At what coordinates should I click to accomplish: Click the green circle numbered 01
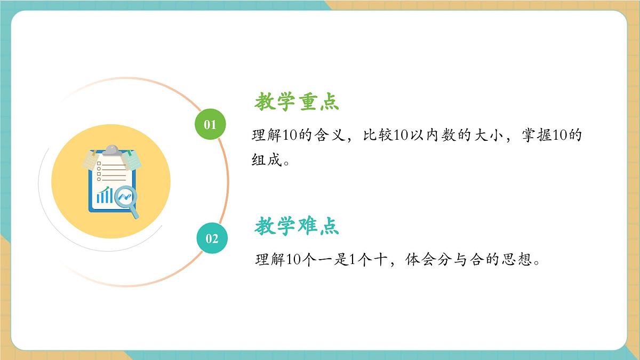pyautogui.click(x=210, y=124)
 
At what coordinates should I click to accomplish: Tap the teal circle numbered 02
pyautogui.click(x=212, y=238)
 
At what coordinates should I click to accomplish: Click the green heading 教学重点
pyautogui.click(x=297, y=101)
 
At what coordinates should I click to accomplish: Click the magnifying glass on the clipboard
pyautogui.click(x=125, y=197)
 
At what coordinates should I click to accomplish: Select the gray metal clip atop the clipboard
pyautogui.click(x=111, y=150)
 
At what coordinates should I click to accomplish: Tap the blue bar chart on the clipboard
pyautogui.click(x=104, y=195)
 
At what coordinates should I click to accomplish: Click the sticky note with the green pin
pyautogui.click(x=131, y=158)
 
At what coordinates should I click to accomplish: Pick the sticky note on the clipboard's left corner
pyautogui.click(x=91, y=159)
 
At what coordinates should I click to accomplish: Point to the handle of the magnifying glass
pyautogui.click(x=134, y=214)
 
